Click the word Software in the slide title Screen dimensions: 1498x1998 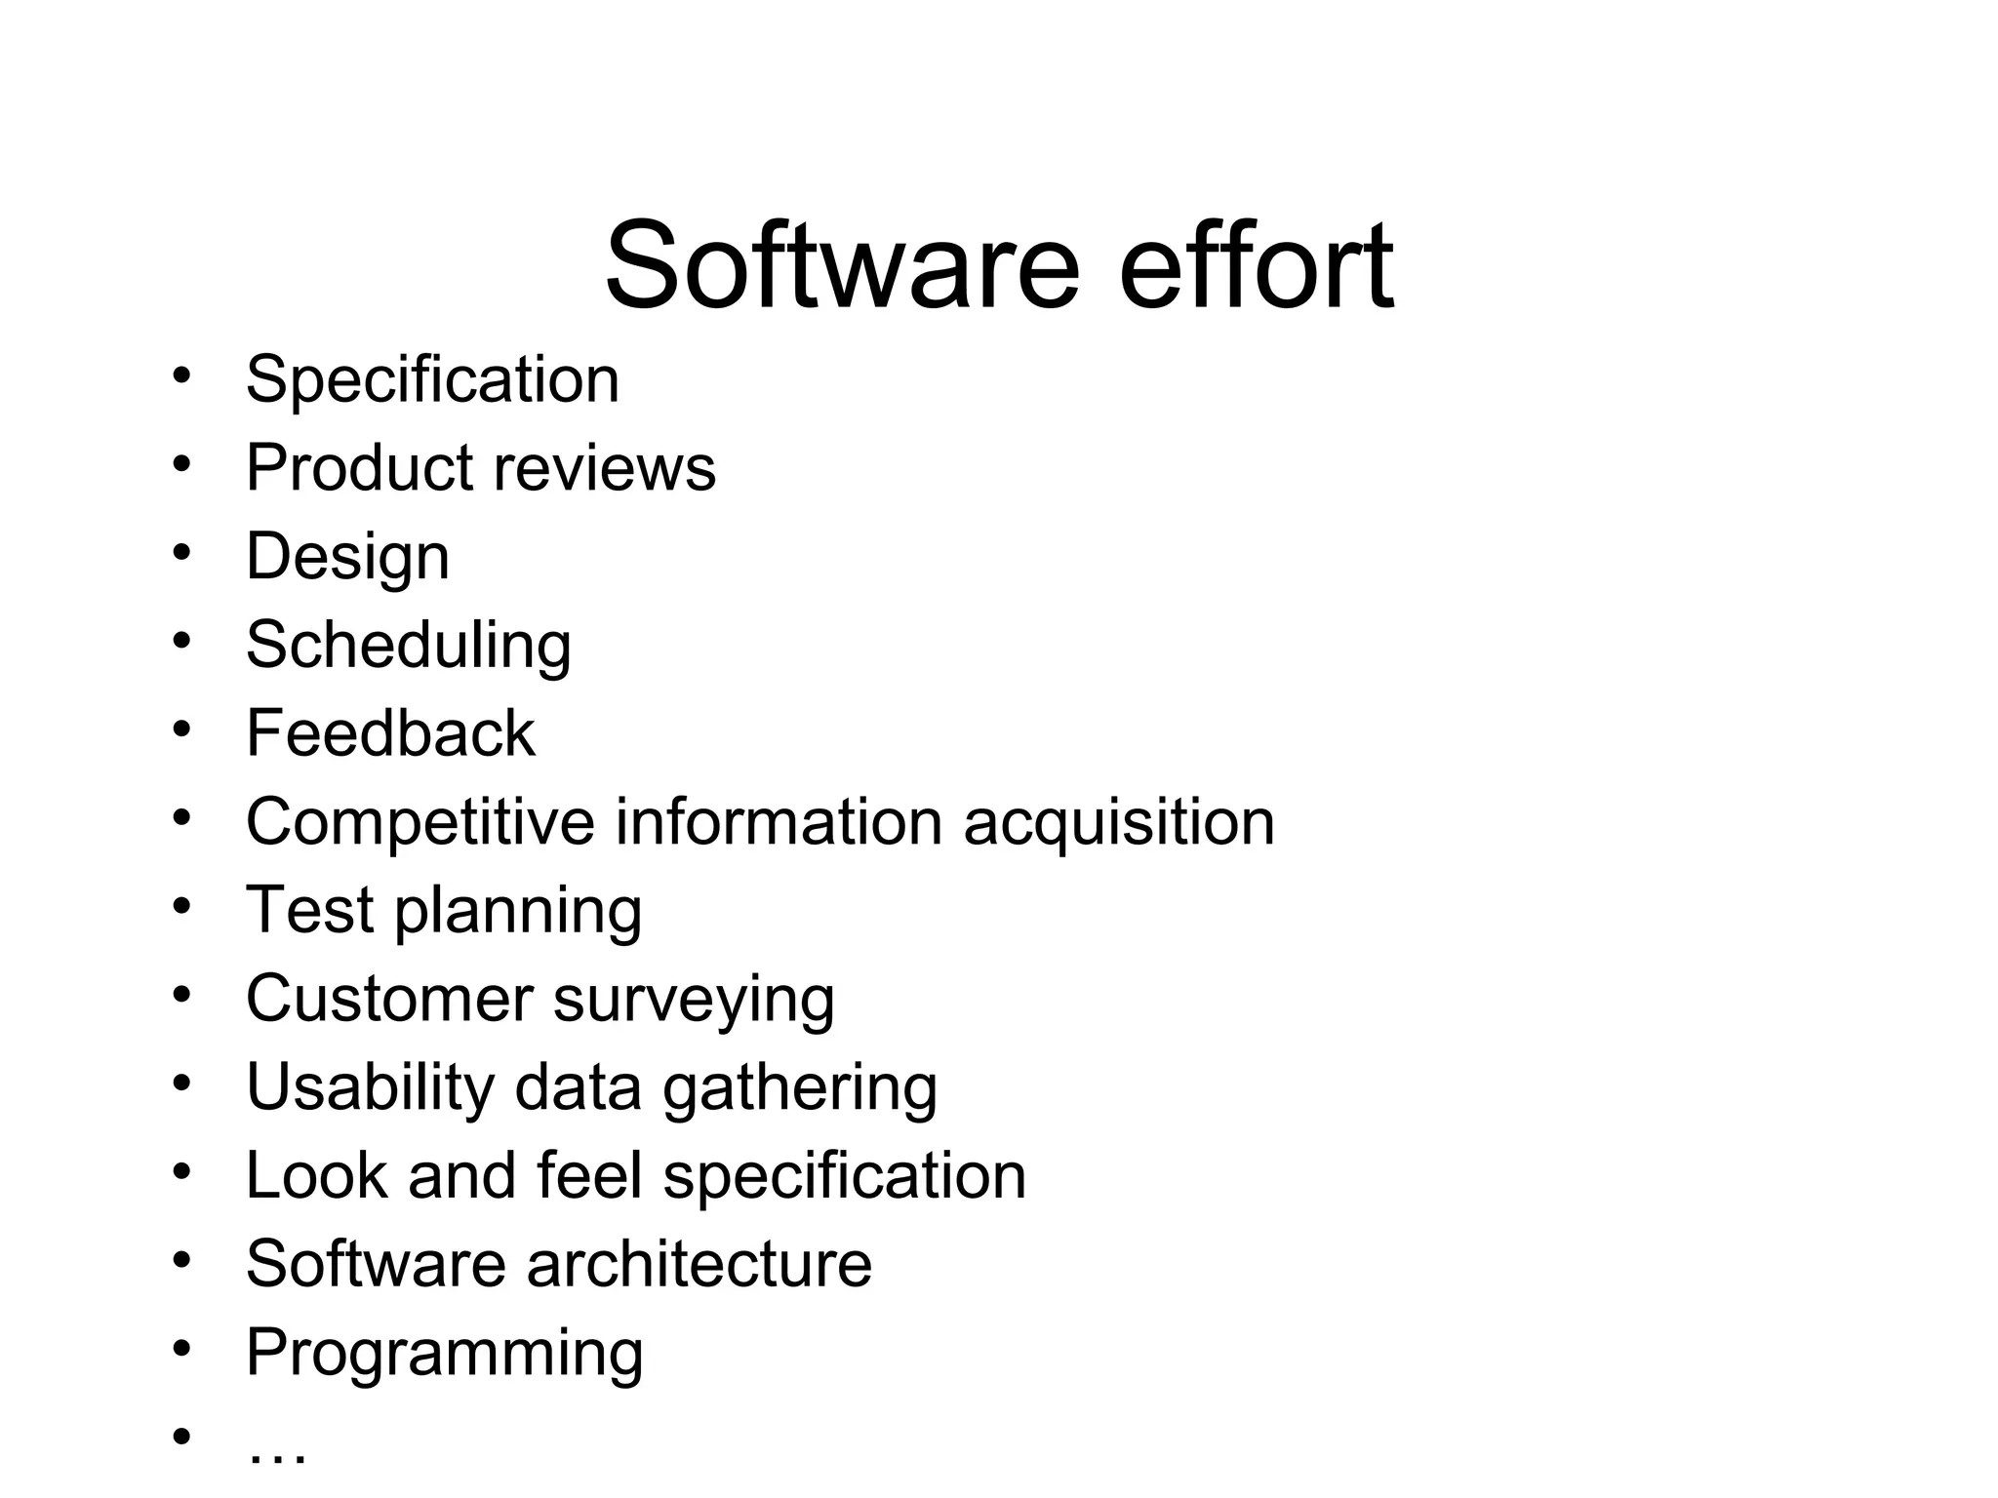click(x=842, y=265)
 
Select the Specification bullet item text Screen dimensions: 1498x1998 click(x=432, y=379)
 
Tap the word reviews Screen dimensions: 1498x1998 click(x=605, y=467)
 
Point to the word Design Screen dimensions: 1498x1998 click(x=347, y=558)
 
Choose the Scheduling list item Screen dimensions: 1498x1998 click(x=408, y=646)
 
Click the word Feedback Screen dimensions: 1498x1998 click(x=390, y=733)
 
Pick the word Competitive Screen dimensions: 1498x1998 click(x=420, y=822)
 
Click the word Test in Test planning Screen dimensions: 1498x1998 click(x=310, y=910)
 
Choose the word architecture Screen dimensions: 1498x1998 click(x=699, y=1264)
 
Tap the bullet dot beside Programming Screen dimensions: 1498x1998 click(x=181, y=1349)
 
